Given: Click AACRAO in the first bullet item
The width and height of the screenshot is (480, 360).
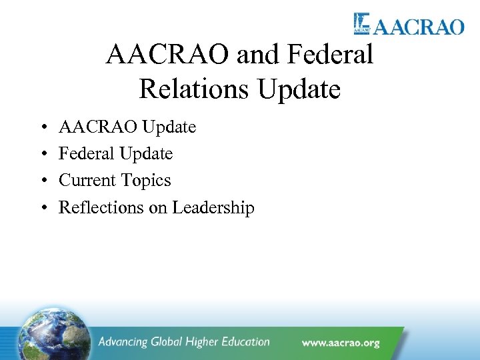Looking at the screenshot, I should tap(95, 127).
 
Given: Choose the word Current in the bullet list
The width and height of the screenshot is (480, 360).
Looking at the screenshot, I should tap(84, 181).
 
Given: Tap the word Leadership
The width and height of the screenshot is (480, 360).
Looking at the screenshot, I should tap(213, 207).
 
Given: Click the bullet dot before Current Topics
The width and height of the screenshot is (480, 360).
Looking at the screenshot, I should tap(42, 181).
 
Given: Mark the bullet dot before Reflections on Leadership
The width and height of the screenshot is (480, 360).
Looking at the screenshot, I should tap(42, 208).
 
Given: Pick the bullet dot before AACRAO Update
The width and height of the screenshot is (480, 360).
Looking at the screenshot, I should tap(42, 127).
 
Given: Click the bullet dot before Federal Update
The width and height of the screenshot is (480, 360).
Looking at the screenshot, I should tap(42, 154).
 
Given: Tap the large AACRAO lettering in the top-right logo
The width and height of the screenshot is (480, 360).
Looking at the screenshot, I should tap(418, 27).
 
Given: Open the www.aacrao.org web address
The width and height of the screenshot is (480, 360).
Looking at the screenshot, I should tap(340, 343).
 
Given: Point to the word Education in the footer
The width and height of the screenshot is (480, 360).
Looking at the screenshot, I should tap(241, 342).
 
